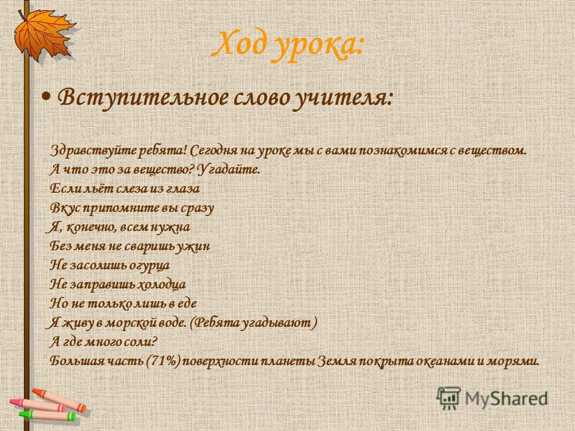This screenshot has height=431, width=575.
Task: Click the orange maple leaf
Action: (43, 34)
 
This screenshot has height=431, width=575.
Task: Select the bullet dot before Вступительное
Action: (46, 97)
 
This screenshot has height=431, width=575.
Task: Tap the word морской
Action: (129, 323)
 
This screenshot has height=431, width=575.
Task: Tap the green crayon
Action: (47, 415)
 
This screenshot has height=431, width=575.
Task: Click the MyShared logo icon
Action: (448, 398)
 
